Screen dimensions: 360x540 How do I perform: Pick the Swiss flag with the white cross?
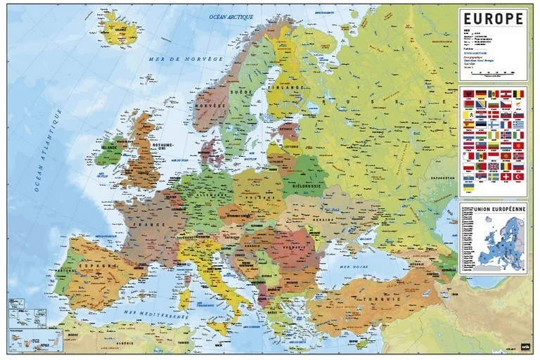(506, 176)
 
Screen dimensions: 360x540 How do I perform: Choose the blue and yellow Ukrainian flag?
(468, 187)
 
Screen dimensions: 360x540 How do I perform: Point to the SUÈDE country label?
(246, 91)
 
